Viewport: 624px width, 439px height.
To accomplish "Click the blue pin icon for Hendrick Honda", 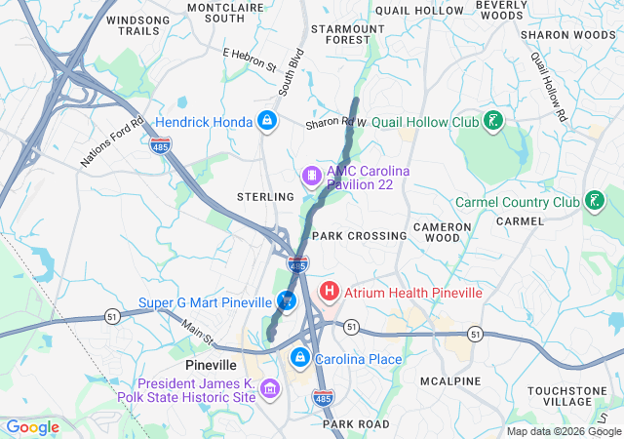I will click(x=265, y=121).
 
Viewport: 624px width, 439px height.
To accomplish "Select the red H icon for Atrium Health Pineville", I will click(x=330, y=291).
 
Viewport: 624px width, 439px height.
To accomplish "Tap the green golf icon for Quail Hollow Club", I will click(x=494, y=122).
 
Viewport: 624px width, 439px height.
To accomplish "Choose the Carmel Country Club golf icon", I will click(x=592, y=202).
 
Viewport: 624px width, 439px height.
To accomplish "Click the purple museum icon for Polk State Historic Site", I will click(x=270, y=390).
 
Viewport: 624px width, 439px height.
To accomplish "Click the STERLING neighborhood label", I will click(x=265, y=197).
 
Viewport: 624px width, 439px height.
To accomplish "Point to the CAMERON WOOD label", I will click(x=443, y=232).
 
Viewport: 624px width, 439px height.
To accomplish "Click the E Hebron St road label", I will click(x=250, y=60).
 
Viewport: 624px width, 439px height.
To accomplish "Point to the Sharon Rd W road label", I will click(x=334, y=124).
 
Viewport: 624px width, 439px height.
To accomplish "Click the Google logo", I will click(x=32, y=427).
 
